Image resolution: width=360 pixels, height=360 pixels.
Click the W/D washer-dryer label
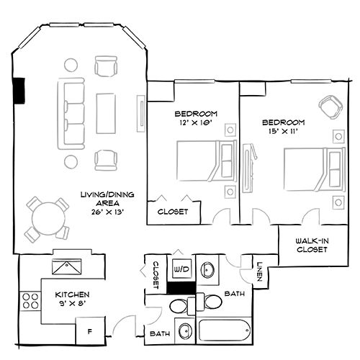tap(181, 270)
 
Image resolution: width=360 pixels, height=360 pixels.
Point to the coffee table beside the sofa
tap(104, 112)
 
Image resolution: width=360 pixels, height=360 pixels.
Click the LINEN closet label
tap(260, 271)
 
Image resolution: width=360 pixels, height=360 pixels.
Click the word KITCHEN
tap(72, 295)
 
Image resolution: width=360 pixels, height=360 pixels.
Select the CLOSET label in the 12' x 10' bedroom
tap(173, 212)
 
